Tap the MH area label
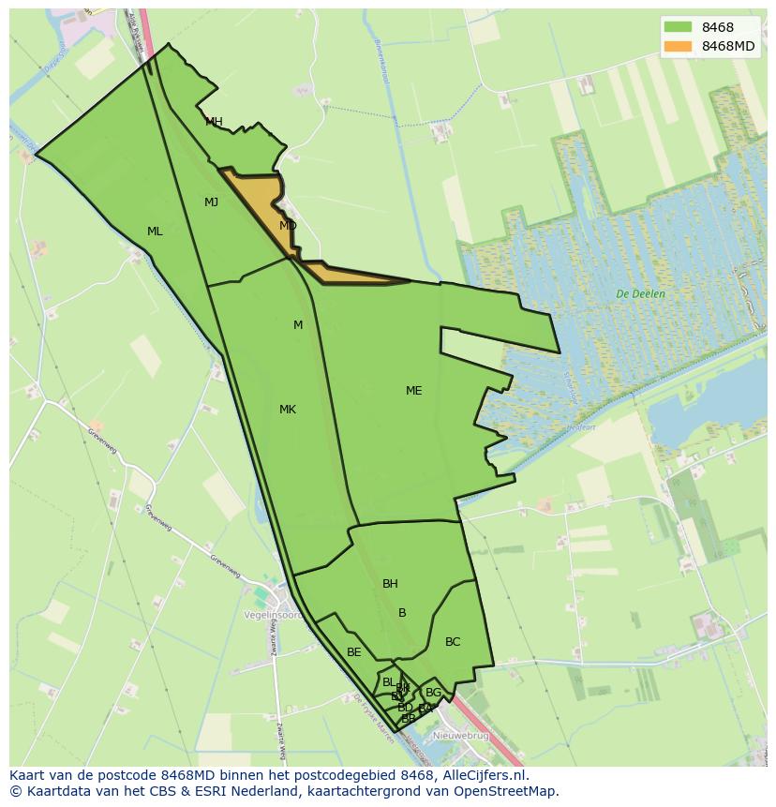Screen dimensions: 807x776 point(214,122)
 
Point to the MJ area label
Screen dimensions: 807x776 point(211,202)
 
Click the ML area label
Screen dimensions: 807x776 point(155,232)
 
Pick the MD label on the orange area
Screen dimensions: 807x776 point(288,226)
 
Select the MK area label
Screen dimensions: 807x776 point(288,410)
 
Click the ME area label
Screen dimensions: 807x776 point(413,391)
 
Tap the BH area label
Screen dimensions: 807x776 point(390,584)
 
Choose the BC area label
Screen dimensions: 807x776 point(453,642)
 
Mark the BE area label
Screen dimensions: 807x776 point(353,652)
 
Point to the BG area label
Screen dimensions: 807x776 point(433,693)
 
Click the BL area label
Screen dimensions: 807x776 point(388,682)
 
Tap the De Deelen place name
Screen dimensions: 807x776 point(641,294)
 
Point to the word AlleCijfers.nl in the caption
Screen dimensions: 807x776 point(484,775)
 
